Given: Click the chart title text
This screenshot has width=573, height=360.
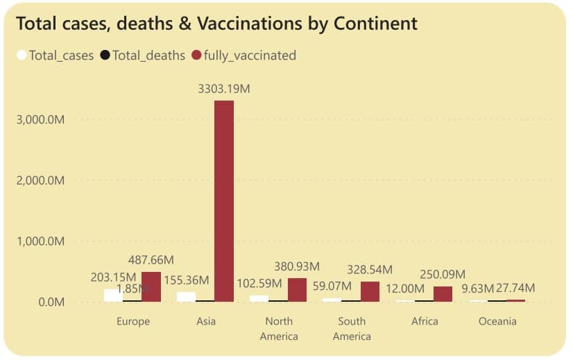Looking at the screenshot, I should [216, 24].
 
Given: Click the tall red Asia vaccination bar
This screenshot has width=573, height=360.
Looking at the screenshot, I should [224, 201].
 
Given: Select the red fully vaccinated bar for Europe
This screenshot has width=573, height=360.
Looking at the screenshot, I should [151, 286].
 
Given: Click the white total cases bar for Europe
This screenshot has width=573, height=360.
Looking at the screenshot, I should [113, 295].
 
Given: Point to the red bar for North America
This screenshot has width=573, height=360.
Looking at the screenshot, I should [297, 290].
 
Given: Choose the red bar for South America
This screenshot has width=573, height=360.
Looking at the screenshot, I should [370, 291].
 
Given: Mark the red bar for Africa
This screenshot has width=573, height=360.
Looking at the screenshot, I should [443, 294].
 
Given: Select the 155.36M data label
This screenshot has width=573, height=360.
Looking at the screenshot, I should [187, 281].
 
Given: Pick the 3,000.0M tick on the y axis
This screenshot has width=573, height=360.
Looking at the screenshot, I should [40, 119].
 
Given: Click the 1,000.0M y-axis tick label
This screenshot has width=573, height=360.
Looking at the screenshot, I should [40, 241].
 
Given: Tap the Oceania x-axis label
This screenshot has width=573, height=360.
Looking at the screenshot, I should [497, 321].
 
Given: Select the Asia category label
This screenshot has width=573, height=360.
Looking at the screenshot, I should [206, 321].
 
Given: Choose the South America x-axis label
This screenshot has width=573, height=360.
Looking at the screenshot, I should [352, 329].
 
